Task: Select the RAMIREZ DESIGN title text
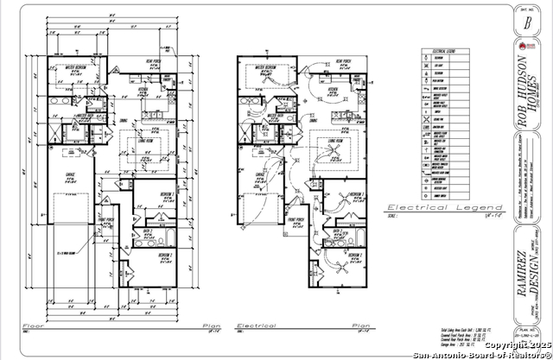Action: pos(526,275)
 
